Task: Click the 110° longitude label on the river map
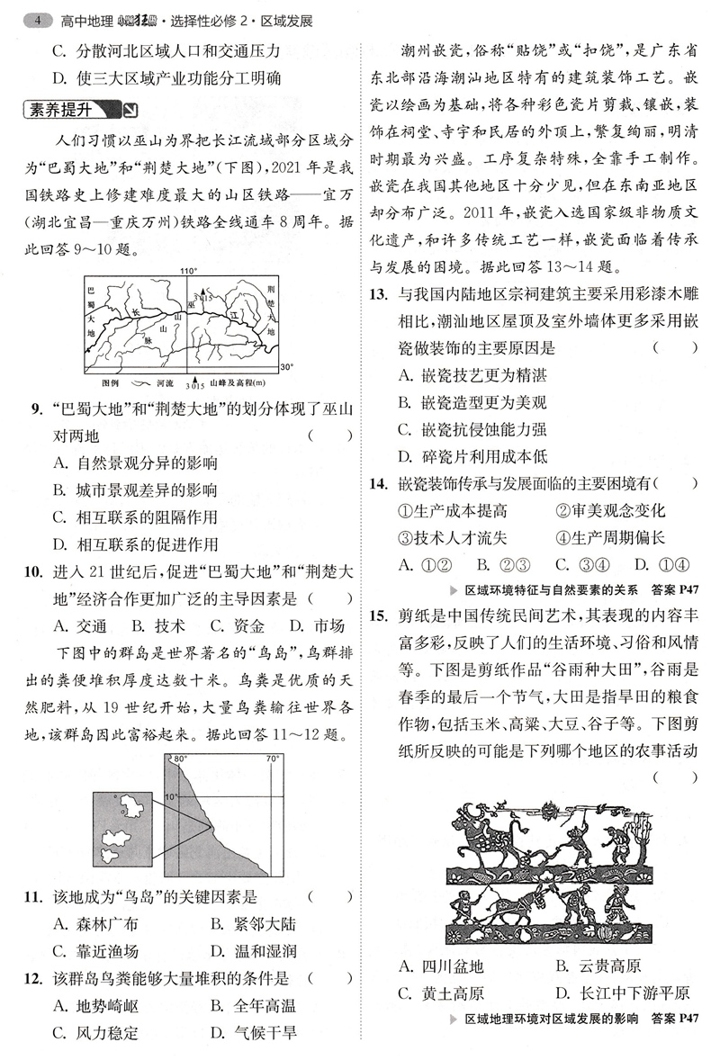pyautogui.click(x=186, y=270)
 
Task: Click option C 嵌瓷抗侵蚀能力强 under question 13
pyautogui.click(x=472, y=429)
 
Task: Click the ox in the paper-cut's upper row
pyautogui.click(x=486, y=827)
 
